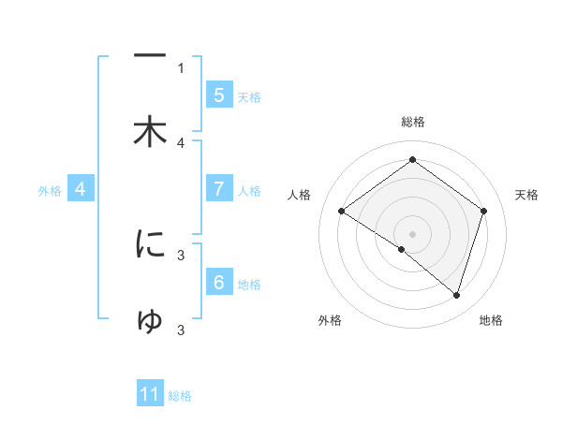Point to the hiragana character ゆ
coord(150,320)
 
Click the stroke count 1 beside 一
coord(181,67)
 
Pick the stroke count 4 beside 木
coord(181,142)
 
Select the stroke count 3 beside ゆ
coord(181,330)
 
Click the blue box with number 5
coord(218,95)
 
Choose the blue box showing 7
coord(218,188)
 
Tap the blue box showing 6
coord(218,282)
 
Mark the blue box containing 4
coord(81,189)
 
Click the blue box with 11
coord(150,394)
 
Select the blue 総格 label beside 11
coord(180,396)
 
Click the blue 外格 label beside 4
coord(50,191)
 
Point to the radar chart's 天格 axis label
coord(527,195)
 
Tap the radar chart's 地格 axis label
coord(491,320)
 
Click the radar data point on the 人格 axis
coord(342,212)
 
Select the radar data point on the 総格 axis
coord(412,160)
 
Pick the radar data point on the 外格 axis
coord(402,249)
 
